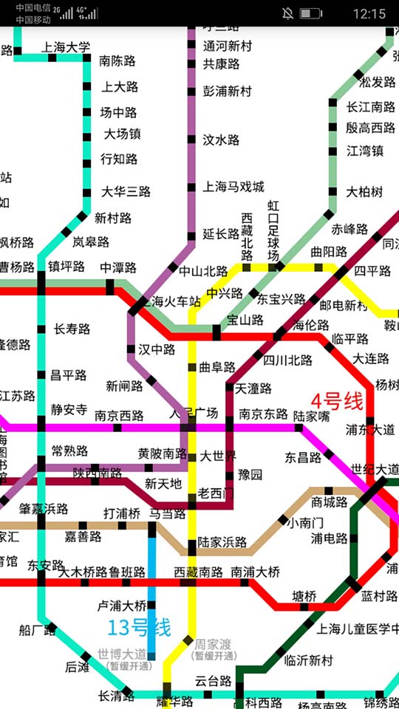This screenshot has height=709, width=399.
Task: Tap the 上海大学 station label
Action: click(66, 47)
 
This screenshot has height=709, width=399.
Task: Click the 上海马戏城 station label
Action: click(233, 187)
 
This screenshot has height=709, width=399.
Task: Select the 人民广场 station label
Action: click(194, 413)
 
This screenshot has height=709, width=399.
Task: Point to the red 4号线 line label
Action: click(337, 402)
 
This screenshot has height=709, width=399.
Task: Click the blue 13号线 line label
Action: click(139, 628)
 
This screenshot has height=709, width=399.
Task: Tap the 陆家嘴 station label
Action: click(311, 416)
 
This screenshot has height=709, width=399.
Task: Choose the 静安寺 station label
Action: click(69, 410)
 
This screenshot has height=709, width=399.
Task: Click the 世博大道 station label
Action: click(122, 654)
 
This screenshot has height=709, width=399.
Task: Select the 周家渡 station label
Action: click(214, 644)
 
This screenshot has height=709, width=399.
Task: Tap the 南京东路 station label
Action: click(263, 414)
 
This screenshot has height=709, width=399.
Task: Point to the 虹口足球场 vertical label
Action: click(273, 230)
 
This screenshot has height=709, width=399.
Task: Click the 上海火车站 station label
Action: click(171, 301)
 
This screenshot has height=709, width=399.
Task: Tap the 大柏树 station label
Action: click(364, 192)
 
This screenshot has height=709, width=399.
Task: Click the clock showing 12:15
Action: click(369, 13)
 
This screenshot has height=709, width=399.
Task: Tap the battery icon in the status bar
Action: click(311, 13)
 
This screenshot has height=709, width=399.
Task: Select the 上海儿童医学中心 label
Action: click(358, 629)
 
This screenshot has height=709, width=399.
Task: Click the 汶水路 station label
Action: click(222, 140)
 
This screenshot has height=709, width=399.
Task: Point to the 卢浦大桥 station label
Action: click(122, 606)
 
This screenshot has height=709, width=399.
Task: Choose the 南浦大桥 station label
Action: click(255, 572)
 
